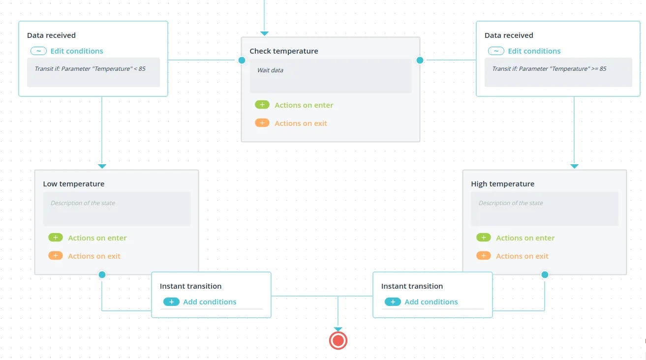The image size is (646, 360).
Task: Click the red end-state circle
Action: click(x=338, y=341)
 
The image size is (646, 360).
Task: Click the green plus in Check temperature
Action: click(x=262, y=105)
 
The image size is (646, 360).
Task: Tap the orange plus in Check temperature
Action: click(x=262, y=123)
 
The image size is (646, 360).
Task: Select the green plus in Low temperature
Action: click(x=56, y=238)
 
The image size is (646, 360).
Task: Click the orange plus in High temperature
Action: click(x=484, y=256)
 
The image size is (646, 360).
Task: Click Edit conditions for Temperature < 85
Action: click(x=77, y=51)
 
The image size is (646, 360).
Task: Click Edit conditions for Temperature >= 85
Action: click(x=534, y=51)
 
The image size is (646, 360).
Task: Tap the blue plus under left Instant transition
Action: click(x=171, y=302)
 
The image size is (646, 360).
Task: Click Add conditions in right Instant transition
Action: click(x=431, y=302)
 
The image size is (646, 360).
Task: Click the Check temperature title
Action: click(x=284, y=51)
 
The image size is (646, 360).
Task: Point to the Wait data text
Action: click(x=270, y=70)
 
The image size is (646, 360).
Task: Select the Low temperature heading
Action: click(x=73, y=184)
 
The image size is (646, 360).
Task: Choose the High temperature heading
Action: click(x=503, y=184)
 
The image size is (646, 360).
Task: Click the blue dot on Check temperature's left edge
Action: click(x=242, y=60)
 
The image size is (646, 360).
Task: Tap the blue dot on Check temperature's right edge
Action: click(x=420, y=60)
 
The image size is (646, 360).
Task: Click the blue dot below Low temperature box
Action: click(x=102, y=275)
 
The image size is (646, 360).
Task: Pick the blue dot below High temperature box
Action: click(x=545, y=275)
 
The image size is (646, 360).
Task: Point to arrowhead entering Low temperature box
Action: click(x=102, y=166)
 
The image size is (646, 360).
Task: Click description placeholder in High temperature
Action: click(x=511, y=203)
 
